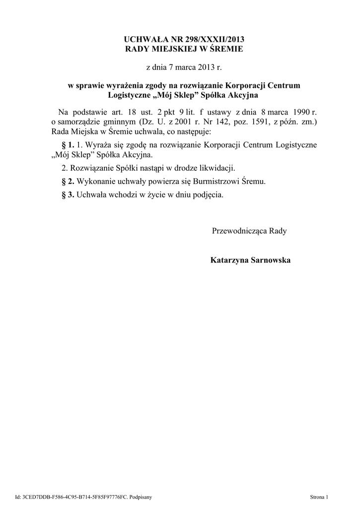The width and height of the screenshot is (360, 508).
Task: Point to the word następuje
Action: [194, 132]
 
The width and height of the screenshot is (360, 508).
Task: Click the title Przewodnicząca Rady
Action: [249, 231]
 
